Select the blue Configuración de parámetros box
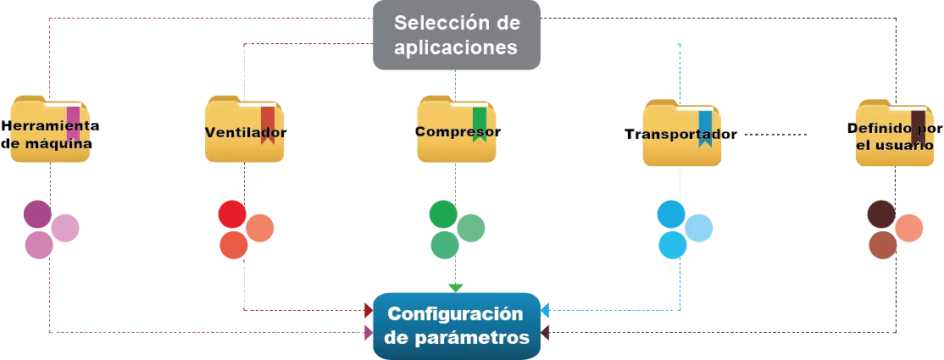[x=457, y=325]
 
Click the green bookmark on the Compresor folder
[x=480, y=123]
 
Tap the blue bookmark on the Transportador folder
[x=705, y=128]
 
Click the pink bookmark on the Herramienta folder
[x=73, y=122]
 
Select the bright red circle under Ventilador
[x=232, y=214]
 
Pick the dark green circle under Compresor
[x=442, y=214]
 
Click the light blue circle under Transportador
[x=699, y=229]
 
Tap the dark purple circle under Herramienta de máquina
[x=37, y=214]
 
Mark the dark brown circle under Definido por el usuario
[x=883, y=213]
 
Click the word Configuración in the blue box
[x=456, y=313]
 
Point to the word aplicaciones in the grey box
[x=457, y=47]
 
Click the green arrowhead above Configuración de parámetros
[x=456, y=285]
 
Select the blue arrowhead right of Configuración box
[x=546, y=311]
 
